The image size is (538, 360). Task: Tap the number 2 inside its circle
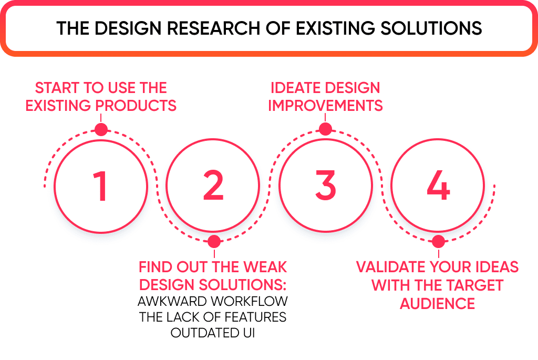pyautogui.click(x=213, y=186)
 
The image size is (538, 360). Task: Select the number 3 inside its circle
pyautogui.click(x=326, y=186)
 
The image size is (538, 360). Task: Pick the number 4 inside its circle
pyautogui.click(x=438, y=186)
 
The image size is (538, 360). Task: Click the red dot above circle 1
pyautogui.click(x=101, y=129)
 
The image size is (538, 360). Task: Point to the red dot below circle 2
pyautogui.click(x=213, y=242)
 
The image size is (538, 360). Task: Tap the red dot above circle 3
pyautogui.click(x=326, y=129)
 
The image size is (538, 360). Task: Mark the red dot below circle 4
pyautogui.click(x=438, y=242)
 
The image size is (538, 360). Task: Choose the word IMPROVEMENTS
pyautogui.click(x=325, y=105)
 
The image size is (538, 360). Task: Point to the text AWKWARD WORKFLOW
pyautogui.click(x=213, y=302)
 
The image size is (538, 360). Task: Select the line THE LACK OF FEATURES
pyautogui.click(x=213, y=317)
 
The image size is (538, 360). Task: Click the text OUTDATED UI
pyautogui.click(x=213, y=333)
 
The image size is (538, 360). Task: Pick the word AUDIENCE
pyautogui.click(x=438, y=303)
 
